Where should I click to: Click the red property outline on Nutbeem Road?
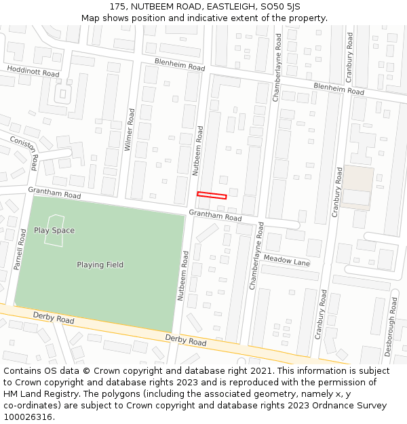tap(212, 195)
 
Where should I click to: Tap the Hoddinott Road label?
tap(33, 71)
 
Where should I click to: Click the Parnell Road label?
tap(20, 249)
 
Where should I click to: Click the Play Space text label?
tap(54, 230)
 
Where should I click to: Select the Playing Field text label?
tap(100, 265)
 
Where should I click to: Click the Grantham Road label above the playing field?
tap(54, 193)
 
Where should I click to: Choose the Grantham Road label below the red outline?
tap(215, 216)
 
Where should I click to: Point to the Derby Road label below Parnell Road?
tap(54, 317)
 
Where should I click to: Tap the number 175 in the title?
tap(117, 6)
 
